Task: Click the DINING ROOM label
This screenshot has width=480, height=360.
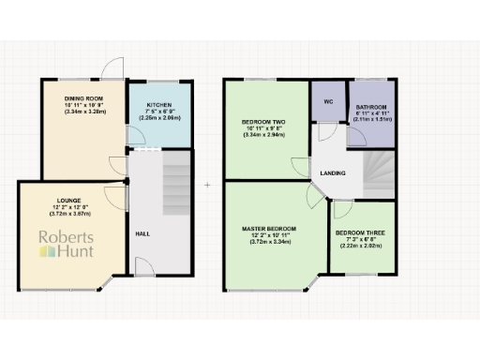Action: (82, 97)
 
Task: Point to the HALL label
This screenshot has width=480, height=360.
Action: (142, 233)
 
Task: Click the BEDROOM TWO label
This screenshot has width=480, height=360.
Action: (262, 123)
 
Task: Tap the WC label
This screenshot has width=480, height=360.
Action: (329, 100)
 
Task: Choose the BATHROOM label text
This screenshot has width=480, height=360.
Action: (372, 108)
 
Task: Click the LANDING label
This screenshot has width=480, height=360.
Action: (331, 173)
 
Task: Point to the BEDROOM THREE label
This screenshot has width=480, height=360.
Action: (359, 232)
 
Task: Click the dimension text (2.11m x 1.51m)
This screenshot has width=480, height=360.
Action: (372, 120)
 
